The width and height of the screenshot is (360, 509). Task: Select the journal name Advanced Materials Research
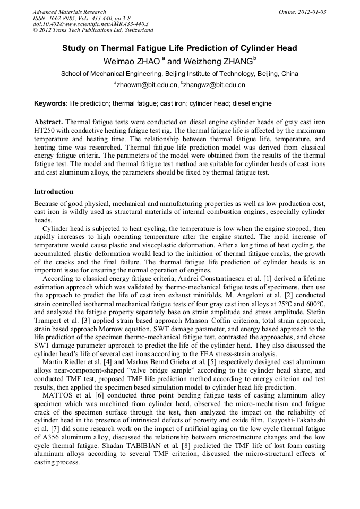[x=69, y=12]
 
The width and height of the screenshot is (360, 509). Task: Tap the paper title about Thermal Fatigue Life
[x=179, y=48]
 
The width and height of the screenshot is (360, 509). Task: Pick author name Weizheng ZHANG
[x=218, y=62]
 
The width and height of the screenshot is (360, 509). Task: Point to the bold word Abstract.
[x=48, y=122]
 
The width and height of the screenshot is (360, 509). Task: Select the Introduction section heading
[x=54, y=192]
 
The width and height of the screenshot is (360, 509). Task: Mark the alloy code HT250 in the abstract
[x=47, y=131]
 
